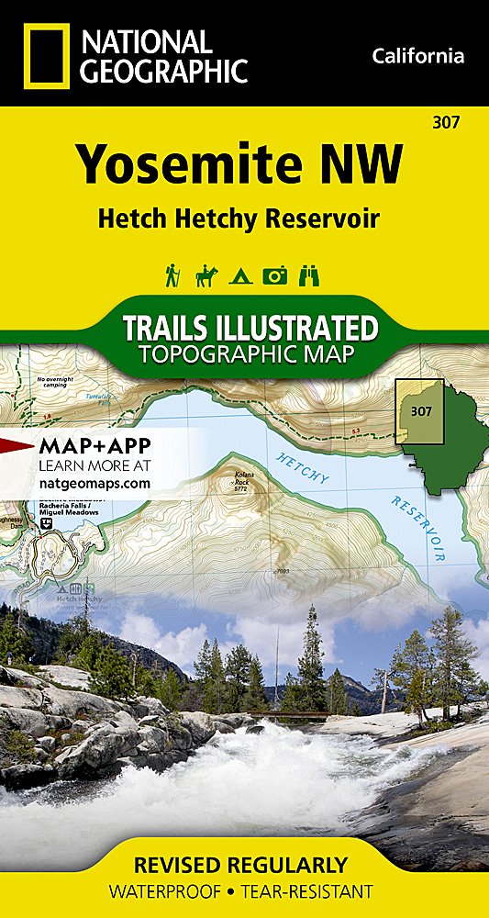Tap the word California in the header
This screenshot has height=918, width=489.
418,57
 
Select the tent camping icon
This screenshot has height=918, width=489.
240,274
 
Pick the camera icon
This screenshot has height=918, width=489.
275,274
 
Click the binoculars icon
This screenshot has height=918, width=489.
310,274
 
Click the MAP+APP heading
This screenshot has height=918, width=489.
94,447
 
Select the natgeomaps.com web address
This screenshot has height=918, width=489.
94,482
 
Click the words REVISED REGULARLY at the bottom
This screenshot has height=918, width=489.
240,865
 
